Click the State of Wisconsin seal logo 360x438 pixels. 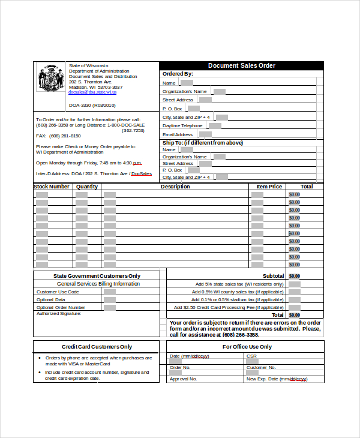pyautogui.click(x=50, y=78)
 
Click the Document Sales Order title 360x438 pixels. pyautogui.click(x=241, y=65)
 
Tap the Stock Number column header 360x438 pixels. pyautogui.click(x=52, y=187)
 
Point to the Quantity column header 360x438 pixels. pyautogui.click(x=87, y=187)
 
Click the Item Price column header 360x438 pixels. pyautogui.click(x=269, y=187)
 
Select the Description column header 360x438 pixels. pyautogui.click(x=175, y=187)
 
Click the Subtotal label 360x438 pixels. pyautogui.click(x=273, y=276)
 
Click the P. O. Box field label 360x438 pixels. pyautogui.click(x=172, y=109)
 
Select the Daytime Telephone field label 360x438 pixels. pyautogui.click(x=182, y=126)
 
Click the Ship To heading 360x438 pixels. pyautogui.click(x=203, y=143)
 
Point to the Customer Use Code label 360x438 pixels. pyautogui.click(x=58, y=292)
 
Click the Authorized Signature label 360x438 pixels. pyautogui.click(x=58, y=313)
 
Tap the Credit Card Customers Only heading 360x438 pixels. pyautogui.click(x=97, y=347)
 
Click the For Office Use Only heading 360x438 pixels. pyautogui.click(x=247, y=347)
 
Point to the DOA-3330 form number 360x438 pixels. pyautogui.click(x=92, y=105)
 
